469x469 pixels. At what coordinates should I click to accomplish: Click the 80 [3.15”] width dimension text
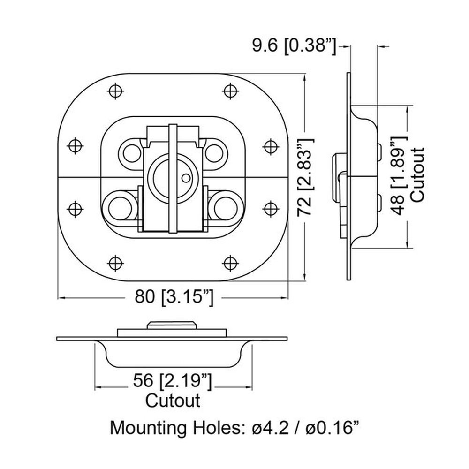(174, 297)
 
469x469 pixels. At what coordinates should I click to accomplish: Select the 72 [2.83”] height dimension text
(305, 177)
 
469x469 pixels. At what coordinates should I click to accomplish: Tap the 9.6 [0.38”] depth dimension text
(295, 46)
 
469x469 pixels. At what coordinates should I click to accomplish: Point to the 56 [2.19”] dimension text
(172, 381)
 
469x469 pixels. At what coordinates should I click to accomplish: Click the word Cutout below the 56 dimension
(173, 401)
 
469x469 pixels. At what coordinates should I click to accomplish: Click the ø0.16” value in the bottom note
(332, 428)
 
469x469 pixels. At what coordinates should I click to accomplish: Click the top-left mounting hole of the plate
(115, 91)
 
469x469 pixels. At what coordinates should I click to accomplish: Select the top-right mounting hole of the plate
(230, 91)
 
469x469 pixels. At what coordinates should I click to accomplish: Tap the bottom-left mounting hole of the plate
(115, 263)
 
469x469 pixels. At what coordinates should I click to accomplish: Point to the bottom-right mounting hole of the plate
(230, 263)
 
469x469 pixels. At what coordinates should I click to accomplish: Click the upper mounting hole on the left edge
(75, 146)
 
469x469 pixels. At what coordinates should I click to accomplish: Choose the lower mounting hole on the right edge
(270, 209)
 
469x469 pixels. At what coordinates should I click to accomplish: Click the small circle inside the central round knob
(186, 178)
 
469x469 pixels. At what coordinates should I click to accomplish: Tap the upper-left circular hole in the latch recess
(131, 154)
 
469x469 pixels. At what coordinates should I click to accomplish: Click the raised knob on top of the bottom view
(172, 325)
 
